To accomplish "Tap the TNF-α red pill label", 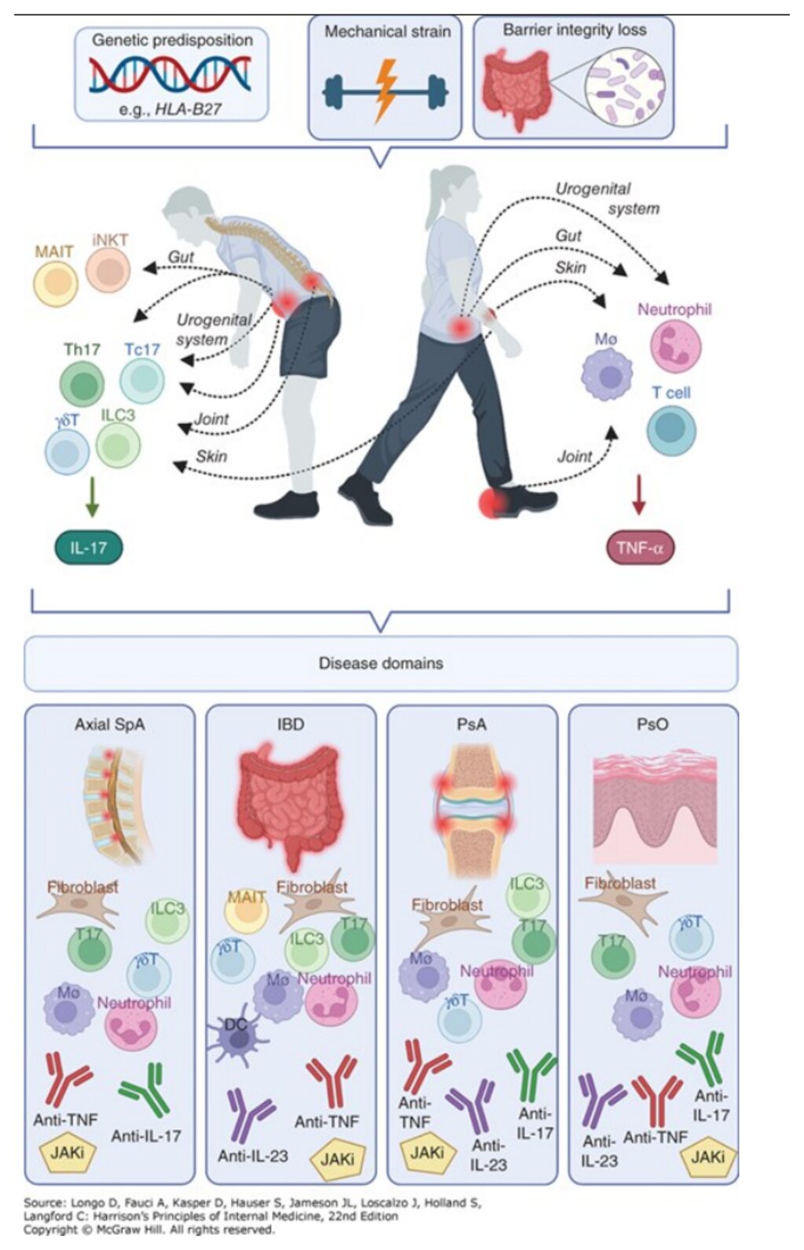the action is click(640, 548).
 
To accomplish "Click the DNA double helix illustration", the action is click(170, 76).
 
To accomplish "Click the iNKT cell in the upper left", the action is click(108, 270).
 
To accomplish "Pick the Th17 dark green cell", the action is click(83, 383).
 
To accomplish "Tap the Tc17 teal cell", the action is click(142, 379).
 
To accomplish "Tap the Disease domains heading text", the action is click(381, 663).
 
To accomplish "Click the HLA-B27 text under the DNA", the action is click(187, 109).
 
